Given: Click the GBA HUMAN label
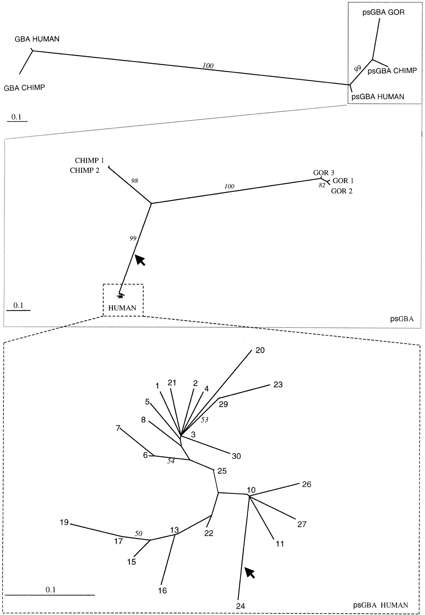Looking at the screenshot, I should tap(37, 39).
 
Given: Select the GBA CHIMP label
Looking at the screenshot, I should tap(24, 88).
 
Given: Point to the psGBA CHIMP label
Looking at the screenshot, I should tap(392, 71).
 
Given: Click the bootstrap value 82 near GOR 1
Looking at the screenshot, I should tap(322, 186).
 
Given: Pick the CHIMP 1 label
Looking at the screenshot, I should tap(89, 161).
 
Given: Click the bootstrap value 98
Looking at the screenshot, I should tap(135, 181).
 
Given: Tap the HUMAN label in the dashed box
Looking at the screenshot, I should tap(122, 308).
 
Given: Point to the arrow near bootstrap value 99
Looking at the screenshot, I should tap(140, 260).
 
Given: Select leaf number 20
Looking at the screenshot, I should tap(260, 350).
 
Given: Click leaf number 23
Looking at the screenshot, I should tap(278, 385).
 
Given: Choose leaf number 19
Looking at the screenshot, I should tap(64, 522).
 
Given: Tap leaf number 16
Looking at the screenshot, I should tap(163, 590).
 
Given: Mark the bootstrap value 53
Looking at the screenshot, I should tap(204, 420).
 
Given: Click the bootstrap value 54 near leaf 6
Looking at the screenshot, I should tap(171, 461).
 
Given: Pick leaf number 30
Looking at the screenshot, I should tap(236, 456).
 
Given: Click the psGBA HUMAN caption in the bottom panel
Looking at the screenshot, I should tap(380, 605).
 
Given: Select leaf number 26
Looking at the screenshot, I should tap(307, 484).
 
